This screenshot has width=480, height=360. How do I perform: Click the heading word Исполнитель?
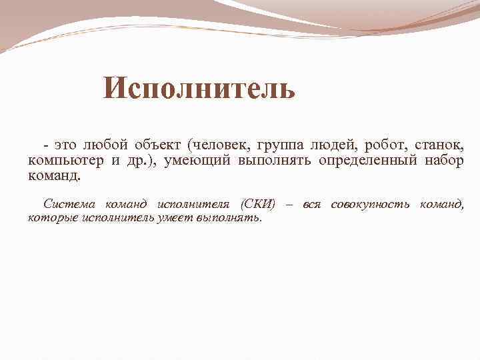[199, 89]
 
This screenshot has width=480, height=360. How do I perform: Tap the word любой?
[108, 145]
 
